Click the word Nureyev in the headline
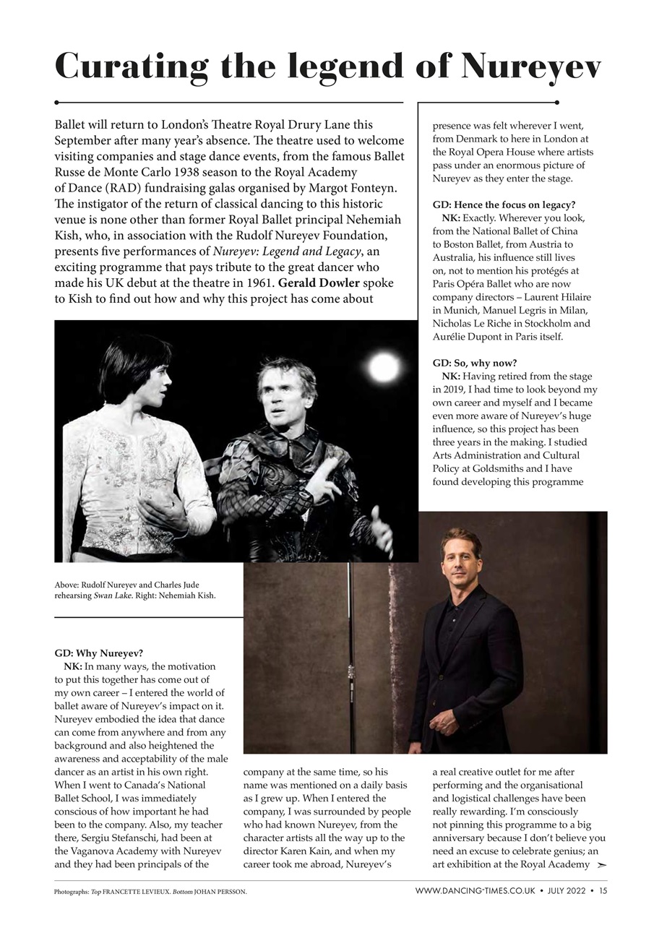coord(531,66)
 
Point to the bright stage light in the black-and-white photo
coord(383,368)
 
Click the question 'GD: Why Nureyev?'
coord(99,653)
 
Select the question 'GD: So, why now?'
coord(475,362)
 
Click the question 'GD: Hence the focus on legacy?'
coord(504,205)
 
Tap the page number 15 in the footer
coord(603,891)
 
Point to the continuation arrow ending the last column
coord(602,864)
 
